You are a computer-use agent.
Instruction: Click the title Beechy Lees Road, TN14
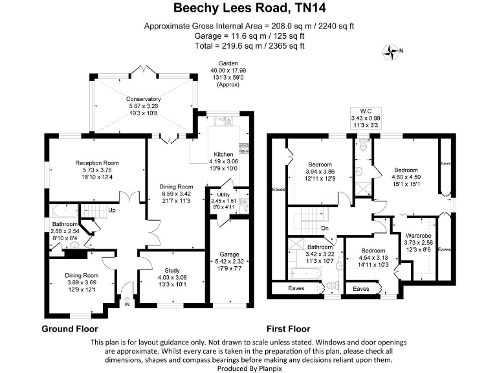[x=248, y=8]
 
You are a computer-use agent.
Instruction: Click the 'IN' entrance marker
[x=127, y=304]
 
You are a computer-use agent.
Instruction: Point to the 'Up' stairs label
[x=112, y=210]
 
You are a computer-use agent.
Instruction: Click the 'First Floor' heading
[x=288, y=328]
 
